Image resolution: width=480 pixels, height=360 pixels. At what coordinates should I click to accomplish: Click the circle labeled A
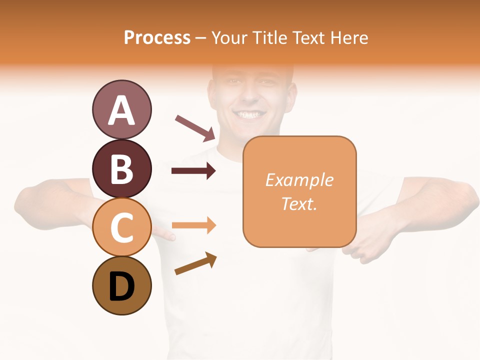pyautogui.click(x=121, y=109)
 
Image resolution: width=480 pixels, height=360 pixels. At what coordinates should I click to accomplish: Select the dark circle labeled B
pyautogui.click(x=121, y=168)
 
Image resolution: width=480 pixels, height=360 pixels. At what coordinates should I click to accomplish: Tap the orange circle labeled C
pyautogui.click(x=121, y=227)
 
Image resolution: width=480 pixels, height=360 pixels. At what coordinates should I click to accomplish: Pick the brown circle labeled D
pyautogui.click(x=121, y=286)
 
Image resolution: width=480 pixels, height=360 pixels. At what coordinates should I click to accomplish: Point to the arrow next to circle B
pyautogui.click(x=193, y=171)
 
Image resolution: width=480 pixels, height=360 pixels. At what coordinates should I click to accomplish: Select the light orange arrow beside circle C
pyautogui.click(x=194, y=225)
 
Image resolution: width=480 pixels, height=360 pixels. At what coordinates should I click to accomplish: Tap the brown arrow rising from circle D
pyautogui.click(x=195, y=263)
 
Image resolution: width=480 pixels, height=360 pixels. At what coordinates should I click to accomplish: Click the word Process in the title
pyautogui.click(x=157, y=37)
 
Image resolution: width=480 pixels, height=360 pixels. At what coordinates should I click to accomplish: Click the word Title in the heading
pyautogui.click(x=268, y=37)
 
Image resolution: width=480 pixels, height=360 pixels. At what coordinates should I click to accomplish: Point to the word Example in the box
pyautogui.click(x=299, y=180)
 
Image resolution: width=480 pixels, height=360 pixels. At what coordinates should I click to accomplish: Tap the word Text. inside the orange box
pyautogui.click(x=299, y=203)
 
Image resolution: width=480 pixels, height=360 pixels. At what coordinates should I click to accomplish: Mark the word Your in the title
pyautogui.click(x=229, y=37)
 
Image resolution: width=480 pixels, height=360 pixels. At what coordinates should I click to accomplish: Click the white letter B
pyautogui.click(x=121, y=168)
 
